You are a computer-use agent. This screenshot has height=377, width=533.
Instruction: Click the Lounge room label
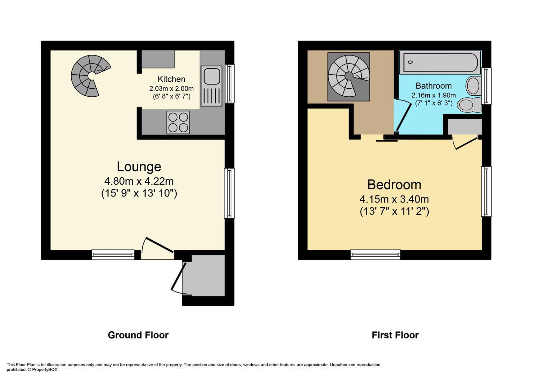tap(139, 167)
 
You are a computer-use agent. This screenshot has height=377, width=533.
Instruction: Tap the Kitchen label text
tap(171, 79)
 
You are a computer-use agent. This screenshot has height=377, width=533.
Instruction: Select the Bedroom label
tap(394, 185)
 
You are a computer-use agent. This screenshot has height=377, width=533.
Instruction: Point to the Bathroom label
tap(434, 86)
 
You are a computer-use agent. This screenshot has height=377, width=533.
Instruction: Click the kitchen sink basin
tap(212, 76)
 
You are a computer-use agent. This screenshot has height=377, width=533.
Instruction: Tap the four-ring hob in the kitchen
tap(178, 123)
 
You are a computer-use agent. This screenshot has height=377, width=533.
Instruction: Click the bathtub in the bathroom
tap(440, 62)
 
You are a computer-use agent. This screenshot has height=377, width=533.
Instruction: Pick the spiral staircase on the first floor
tap(349, 77)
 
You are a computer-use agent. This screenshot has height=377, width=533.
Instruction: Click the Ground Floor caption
tap(138, 335)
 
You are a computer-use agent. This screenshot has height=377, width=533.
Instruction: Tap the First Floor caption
tap(395, 335)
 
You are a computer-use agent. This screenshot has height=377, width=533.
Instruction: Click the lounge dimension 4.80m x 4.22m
tap(139, 182)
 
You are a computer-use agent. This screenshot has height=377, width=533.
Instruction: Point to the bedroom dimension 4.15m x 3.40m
tap(394, 199)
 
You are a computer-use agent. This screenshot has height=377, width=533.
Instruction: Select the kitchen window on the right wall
tap(229, 83)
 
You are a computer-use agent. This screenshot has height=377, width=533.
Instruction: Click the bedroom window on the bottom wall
tap(376, 255)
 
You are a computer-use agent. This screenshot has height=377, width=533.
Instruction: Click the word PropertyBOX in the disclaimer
tap(45, 370)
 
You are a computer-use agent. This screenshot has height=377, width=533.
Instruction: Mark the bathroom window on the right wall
tap(486, 86)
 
